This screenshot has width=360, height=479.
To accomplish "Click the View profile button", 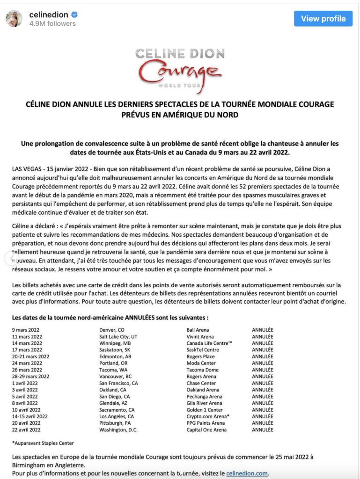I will click(323, 19).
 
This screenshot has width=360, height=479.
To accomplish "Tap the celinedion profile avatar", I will click(14, 19).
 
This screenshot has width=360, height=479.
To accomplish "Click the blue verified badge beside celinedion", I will click(74, 15).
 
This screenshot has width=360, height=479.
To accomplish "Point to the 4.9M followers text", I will click(52, 24).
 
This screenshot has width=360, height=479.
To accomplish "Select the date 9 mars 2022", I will click(26, 330).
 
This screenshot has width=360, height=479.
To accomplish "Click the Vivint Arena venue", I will click(200, 336).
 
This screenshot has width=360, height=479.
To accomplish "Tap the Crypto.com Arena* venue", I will click(208, 416).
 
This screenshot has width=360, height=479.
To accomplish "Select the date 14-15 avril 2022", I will click(30, 416).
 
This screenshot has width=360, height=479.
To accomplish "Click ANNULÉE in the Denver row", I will click(263, 330).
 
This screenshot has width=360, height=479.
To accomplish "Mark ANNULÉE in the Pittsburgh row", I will click(263, 423).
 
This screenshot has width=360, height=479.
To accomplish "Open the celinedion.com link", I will click(247, 473).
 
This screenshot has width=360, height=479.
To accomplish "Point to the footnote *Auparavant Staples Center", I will click(43, 443).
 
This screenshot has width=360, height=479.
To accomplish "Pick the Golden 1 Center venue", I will click(204, 410).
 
